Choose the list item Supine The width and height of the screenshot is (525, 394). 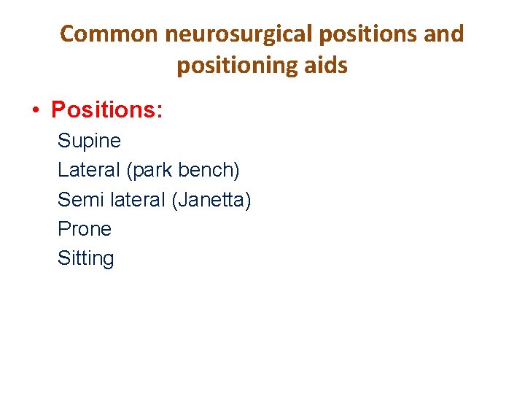coord(89,141)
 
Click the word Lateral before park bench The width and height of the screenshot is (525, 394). coord(89,170)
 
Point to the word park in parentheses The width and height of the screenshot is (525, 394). coord(152,171)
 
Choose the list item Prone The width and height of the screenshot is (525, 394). coord(85,229)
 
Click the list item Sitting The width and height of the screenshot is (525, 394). coord(86,258)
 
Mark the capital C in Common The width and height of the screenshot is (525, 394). coord(66,34)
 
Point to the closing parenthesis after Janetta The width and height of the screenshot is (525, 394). coord(248,200)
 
